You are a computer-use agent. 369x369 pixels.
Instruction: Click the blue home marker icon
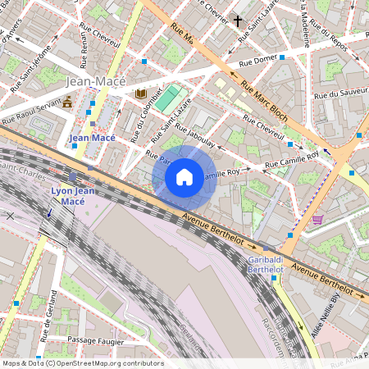(x=184, y=177)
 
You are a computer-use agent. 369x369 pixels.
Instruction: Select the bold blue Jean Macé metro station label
(x=92, y=139)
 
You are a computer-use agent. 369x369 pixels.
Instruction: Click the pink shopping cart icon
(x=317, y=220)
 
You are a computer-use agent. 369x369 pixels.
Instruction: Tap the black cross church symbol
(x=239, y=20)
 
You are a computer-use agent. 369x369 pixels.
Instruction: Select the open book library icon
(x=140, y=93)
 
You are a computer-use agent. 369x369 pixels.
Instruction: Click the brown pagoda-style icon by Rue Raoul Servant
(x=67, y=102)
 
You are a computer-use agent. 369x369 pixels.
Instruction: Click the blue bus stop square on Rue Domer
(x=281, y=60)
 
